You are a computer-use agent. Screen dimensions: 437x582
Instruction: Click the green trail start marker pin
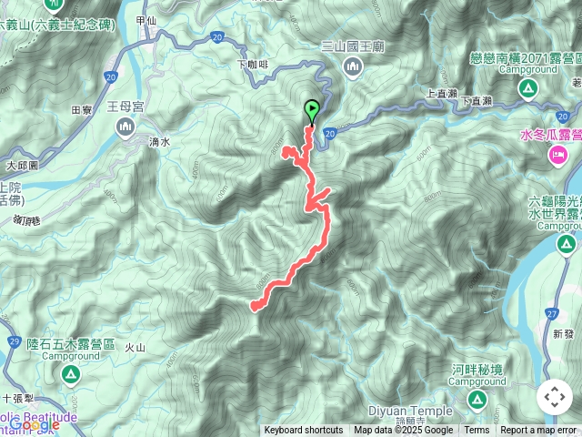[x=312, y=110]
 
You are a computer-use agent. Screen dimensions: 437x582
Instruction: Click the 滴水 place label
[x=159, y=142]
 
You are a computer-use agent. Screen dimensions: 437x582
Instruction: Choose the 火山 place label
[x=135, y=347]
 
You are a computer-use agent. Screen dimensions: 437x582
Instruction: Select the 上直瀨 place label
[x=439, y=93]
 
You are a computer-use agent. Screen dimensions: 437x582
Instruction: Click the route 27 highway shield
[x=552, y=312]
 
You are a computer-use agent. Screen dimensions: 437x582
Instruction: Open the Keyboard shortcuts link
[x=304, y=431]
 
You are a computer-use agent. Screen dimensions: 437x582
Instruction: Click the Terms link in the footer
[x=477, y=431]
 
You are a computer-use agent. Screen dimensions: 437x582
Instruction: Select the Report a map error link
[x=538, y=431]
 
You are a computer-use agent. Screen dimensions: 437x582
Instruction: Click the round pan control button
[x=555, y=397]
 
